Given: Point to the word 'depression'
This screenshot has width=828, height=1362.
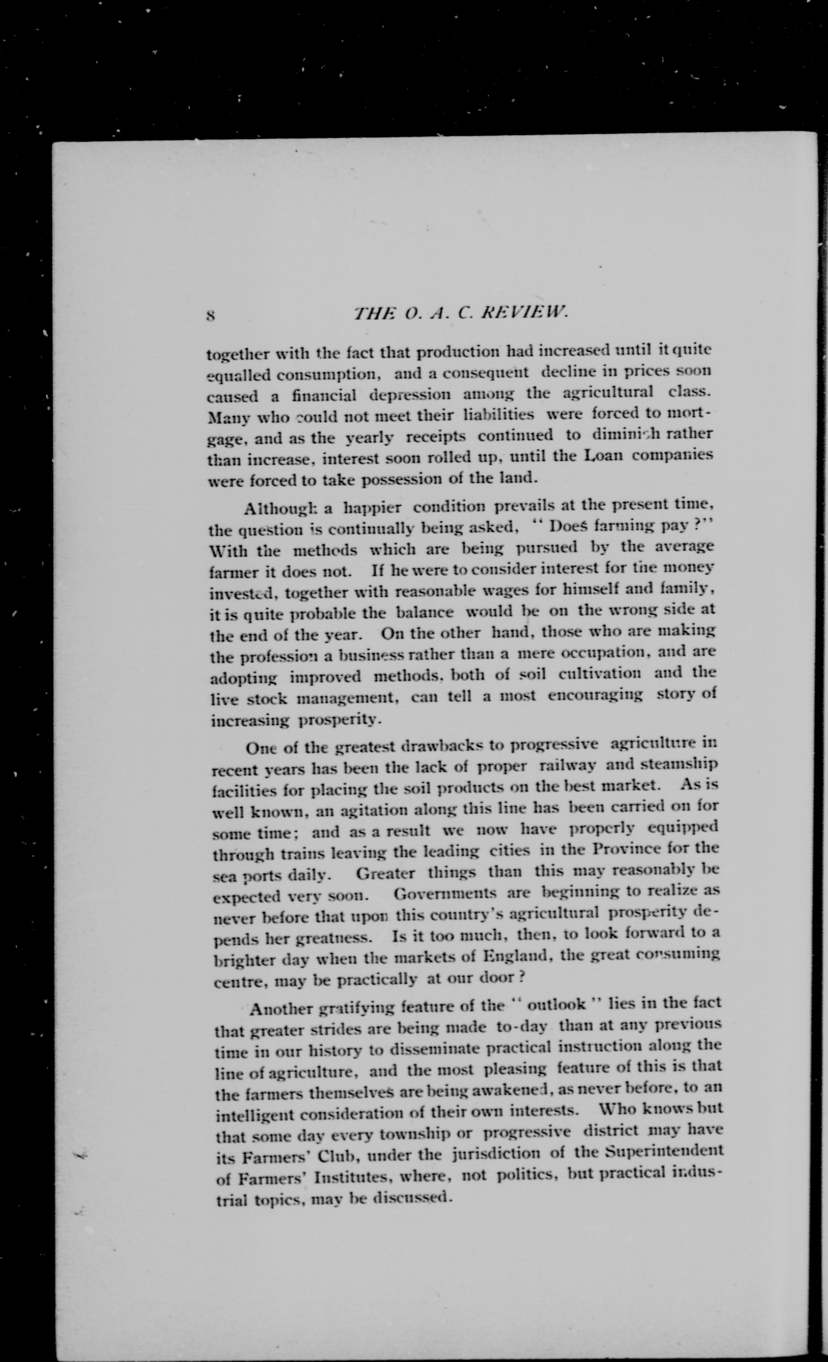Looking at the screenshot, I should pyautogui.click(x=409, y=396).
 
